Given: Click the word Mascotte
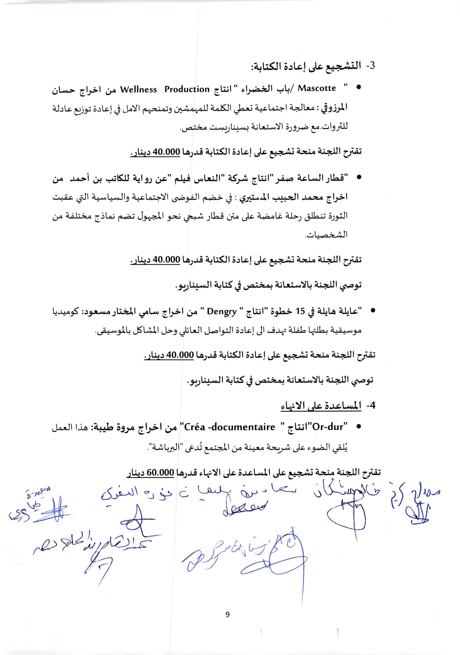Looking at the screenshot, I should [x=317, y=88].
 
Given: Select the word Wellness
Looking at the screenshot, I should [x=138, y=90].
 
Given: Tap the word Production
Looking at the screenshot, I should [x=187, y=89].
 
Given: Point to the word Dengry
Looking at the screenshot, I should [x=222, y=311].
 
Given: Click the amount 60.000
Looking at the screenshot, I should [x=161, y=472].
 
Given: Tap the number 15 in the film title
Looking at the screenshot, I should [x=300, y=311].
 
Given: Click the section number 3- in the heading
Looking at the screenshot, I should [x=370, y=66].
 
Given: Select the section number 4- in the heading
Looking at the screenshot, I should [x=371, y=405].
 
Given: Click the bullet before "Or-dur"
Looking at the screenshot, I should [x=359, y=427].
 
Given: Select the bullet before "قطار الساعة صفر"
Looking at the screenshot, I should [x=359, y=177].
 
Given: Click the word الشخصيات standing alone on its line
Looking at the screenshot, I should [x=326, y=235].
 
